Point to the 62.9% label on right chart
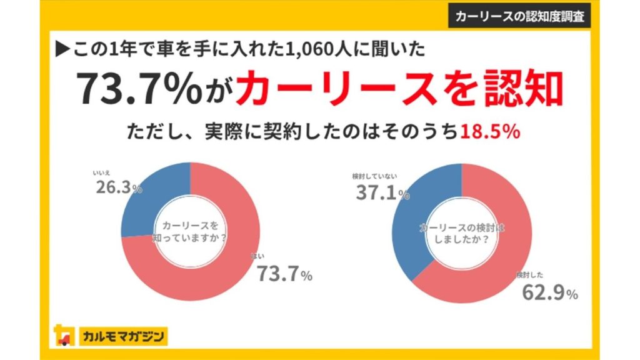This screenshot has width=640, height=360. [x=547, y=292]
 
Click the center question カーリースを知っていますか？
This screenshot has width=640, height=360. [x=189, y=231]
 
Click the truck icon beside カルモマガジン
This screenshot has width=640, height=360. [x=64, y=336]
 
